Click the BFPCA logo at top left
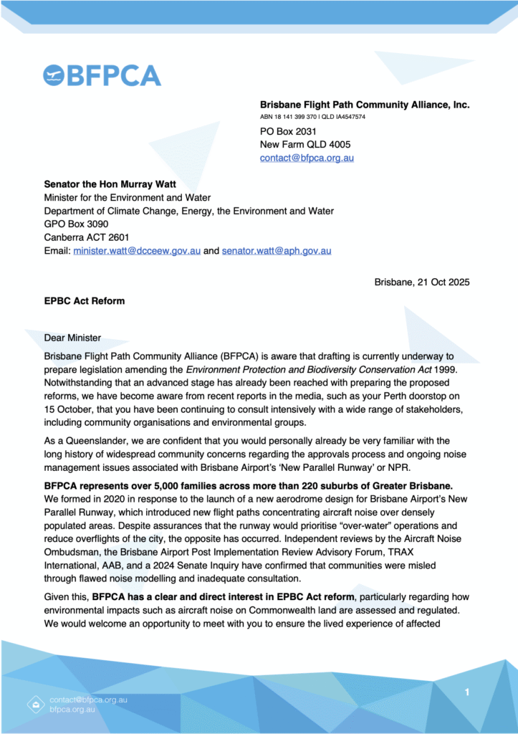pyautogui.click(x=102, y=75)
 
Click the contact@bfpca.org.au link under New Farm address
pyautogui.click(x=307, y=158)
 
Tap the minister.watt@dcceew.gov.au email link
pyautogui.click(x=137, y=251)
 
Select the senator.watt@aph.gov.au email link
pyautogui.click(x=276, y=251)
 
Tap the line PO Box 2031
pyautogui.click(x=288, y=131)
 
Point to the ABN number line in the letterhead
pyautogui.click(x=312, y=116)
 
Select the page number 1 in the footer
pyautogui.click(x=467, y=692)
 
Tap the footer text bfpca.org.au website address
pyautogui.click(x=72, y=709)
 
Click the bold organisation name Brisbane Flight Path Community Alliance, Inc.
pyautogui.click(x=365, y=105)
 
